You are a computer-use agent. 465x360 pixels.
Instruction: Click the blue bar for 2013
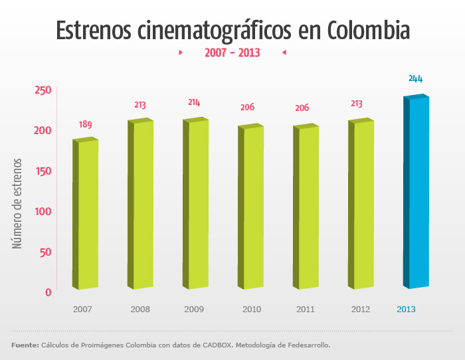[417, 193]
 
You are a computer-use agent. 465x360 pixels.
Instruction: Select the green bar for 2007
[86, 214]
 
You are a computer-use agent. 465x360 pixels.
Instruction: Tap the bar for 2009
[197, 204]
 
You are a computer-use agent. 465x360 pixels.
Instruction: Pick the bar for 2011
[307, 207]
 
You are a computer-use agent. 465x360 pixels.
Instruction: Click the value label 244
[415, 79]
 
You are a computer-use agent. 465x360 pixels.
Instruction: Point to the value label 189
[86, 124]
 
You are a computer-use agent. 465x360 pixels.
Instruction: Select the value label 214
[194, 102]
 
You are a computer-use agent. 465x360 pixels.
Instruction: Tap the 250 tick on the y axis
[43, 90]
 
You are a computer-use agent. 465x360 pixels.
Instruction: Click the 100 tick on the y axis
[43, 211]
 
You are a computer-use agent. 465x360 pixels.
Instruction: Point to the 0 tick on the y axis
[48, 292]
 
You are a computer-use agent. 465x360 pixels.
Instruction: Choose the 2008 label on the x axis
[140, 310]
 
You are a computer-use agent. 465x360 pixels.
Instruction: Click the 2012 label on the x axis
[360, 310]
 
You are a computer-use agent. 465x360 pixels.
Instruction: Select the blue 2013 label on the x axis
[406, 310]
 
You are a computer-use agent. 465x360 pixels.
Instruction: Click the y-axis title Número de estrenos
[18, 203]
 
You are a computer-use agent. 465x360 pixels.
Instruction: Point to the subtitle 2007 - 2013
[232, 52]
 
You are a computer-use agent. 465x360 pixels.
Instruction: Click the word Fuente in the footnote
[25, 345]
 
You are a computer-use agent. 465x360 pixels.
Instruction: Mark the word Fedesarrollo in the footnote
[304, 345]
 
